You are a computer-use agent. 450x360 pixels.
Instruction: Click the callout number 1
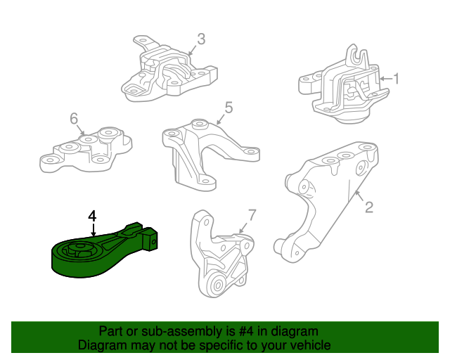pyautogui.click(x=396, y=78)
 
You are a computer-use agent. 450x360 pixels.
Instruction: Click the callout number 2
pyautogui.click(x=369, y=207)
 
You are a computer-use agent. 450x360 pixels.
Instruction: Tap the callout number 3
pyautogui.click(x=201, y=39)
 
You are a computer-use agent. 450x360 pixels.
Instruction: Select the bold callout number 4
pyautogui.click(x=92, y=216)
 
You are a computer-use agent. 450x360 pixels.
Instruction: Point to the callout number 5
pyautogui.click(x=229, y=108)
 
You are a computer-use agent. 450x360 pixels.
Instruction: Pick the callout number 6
pyautogui.click(x=74, y=118)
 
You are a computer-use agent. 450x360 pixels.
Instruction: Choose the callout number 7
pyautogui.click(x=252, y=215)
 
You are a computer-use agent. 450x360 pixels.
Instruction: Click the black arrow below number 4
pyautogui.click(x=93, y=230)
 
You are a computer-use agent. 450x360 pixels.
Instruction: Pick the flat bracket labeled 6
pyautogui.click(x=86, y=149)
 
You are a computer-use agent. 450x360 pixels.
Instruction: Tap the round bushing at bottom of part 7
pyautogui.click(x=218, y=285)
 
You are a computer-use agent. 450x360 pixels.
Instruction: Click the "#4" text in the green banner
pyautogui.click(x=246, y=332)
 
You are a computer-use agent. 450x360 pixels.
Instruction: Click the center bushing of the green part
pyautogui.click(x=78, y=249)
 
